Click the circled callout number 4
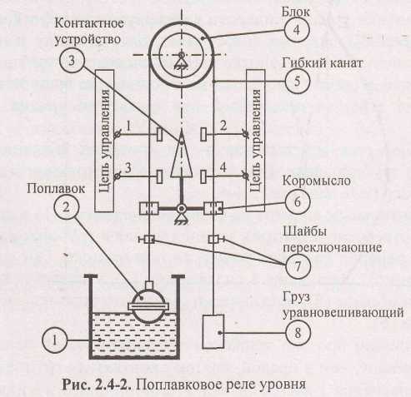point(297,29)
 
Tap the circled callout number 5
point(297,82)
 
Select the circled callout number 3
point(72,60)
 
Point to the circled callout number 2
point(67,207)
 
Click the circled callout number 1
point(55,340)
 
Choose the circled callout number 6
point(298,201)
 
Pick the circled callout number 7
point(298,266)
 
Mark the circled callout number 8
point(298,332)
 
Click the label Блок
point(296,12)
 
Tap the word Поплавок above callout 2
point(56,189)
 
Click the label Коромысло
point(317,181)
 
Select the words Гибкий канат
point(323,63)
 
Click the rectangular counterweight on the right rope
point(213,331)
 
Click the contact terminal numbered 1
point(159,135)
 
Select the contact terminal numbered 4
point(203,176)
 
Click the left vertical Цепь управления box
point(104,141)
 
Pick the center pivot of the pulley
point(182,54)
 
